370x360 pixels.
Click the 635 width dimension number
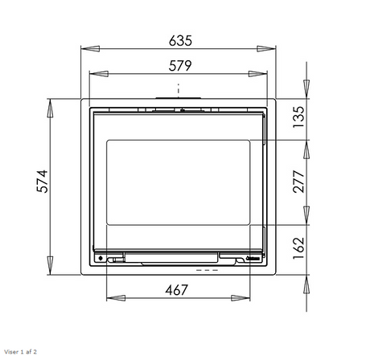180,41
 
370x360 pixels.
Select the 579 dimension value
180,66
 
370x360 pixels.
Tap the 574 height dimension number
43,181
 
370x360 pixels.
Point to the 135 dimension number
299,117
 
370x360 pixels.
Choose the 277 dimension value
299,182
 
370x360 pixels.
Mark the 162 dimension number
299,248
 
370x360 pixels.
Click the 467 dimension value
177,290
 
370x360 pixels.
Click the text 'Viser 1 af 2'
20,352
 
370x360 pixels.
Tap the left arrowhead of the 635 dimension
90,49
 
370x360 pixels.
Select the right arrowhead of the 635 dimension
266,49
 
